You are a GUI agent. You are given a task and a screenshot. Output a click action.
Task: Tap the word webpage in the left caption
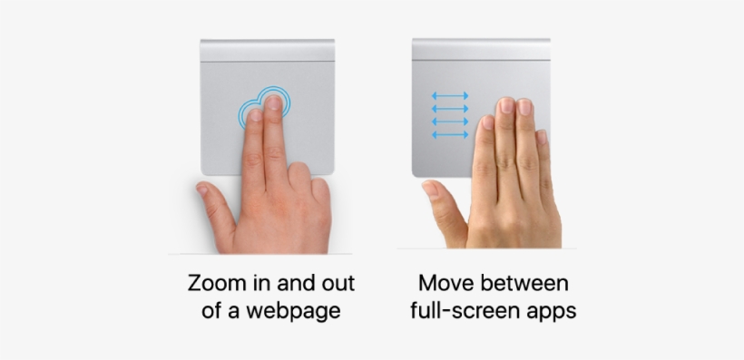pos(299,311)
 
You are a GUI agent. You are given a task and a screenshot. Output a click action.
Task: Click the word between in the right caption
pos(529,283)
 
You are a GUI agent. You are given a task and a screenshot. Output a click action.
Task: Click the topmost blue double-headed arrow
pos(450,94)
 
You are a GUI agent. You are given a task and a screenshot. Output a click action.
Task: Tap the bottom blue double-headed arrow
pos(450,134)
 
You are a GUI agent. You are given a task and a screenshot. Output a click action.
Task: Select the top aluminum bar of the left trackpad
pos(267,50)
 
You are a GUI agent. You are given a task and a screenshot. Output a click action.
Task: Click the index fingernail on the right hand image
pos(487,122)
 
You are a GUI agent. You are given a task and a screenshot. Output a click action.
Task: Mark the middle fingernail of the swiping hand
pos(506,107)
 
